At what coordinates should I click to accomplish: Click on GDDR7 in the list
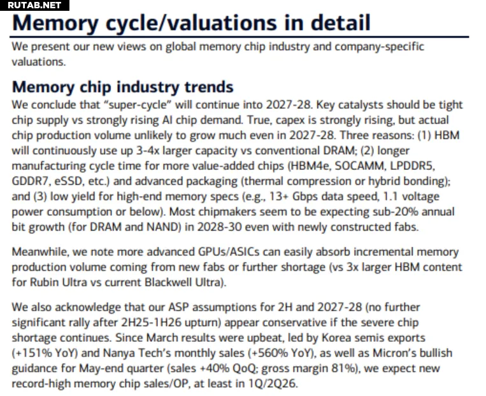(x=29, y=181)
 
